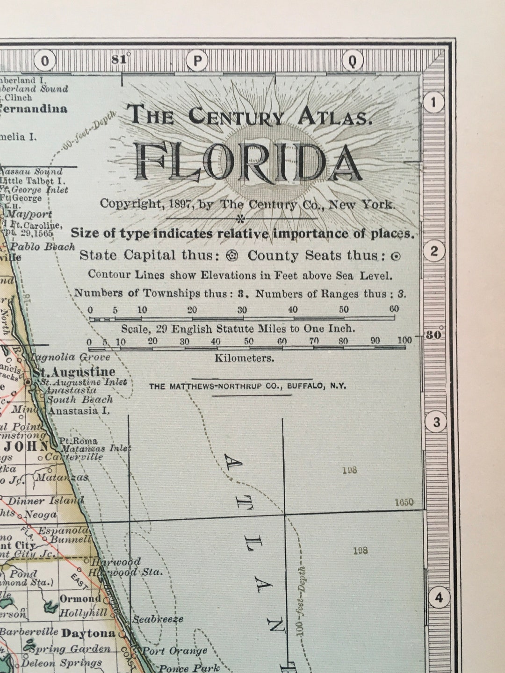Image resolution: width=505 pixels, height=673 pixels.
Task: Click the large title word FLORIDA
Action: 248,162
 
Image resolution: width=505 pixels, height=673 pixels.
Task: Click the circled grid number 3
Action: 436,422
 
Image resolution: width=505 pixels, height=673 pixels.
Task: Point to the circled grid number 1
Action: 434,102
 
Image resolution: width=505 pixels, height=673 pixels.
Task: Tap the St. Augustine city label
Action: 74,372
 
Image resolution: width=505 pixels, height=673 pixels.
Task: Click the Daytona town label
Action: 88,633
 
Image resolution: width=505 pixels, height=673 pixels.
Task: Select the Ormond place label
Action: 80,599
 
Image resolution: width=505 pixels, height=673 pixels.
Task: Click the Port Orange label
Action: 174,651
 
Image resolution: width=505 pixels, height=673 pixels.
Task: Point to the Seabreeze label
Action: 158,619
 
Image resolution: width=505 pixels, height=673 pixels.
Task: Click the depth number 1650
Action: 404,502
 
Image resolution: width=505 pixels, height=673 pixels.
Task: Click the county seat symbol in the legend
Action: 396,256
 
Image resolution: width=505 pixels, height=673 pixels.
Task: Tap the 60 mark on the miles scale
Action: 394,309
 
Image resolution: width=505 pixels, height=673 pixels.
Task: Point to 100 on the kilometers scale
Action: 405,340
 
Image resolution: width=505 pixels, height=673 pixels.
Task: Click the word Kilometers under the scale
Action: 244,358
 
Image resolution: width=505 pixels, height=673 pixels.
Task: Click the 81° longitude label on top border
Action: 121,59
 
